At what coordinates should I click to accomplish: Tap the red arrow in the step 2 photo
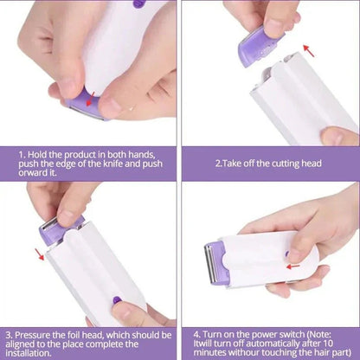[308, 51]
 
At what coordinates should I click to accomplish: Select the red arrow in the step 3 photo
[38, 254]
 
